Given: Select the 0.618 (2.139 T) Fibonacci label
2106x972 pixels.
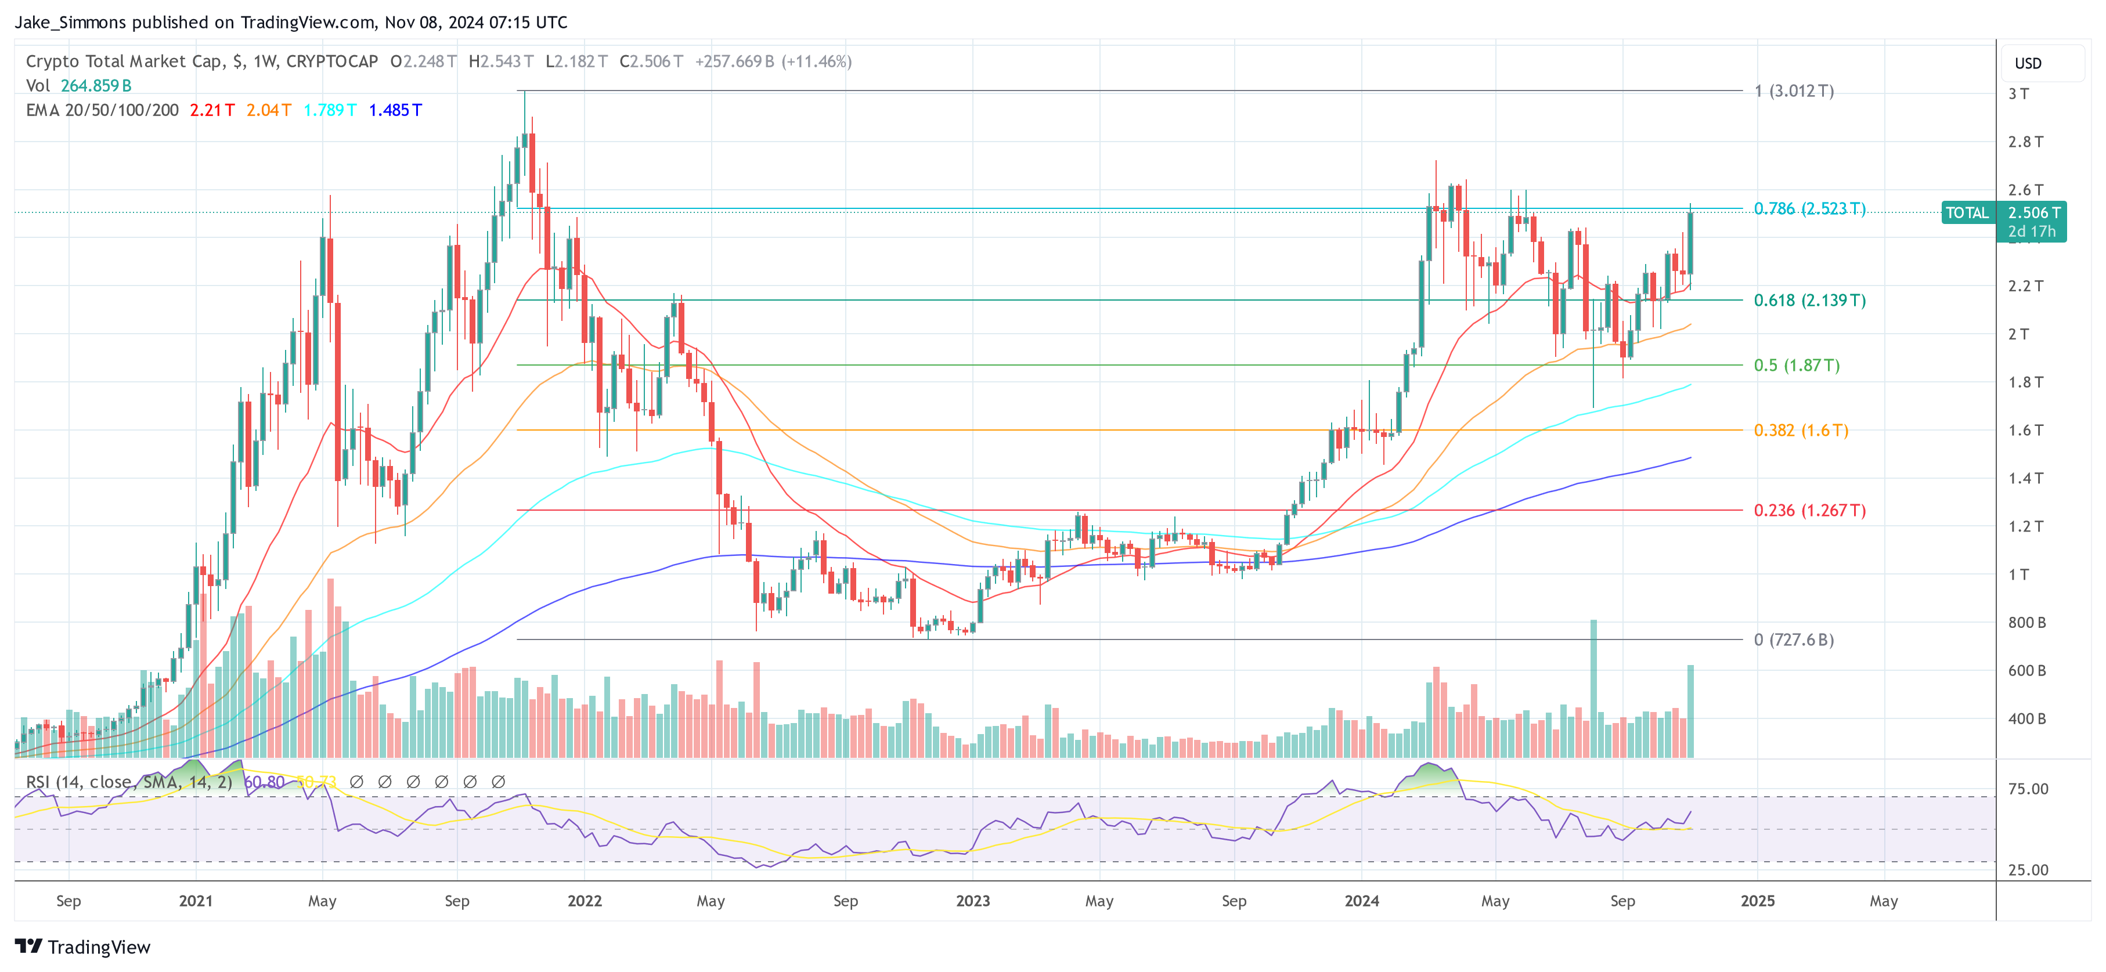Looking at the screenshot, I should pos(1809,300).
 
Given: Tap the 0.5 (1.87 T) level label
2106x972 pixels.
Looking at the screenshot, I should pos(1796,366).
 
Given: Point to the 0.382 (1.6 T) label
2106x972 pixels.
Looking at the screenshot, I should pos(1800,430).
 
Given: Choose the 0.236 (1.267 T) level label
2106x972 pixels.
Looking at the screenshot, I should pos(1809,510).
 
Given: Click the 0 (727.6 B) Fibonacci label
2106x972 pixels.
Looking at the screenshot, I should pos(1793,639).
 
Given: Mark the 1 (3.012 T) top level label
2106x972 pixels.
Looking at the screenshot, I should pos(1793,91).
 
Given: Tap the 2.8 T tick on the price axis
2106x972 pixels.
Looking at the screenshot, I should pos(2025,142).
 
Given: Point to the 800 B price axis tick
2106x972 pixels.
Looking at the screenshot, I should pos(2026,623).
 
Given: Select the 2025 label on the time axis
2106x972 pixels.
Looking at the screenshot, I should pos(1757,901).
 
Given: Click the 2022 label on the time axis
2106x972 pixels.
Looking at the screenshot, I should pos(585,901).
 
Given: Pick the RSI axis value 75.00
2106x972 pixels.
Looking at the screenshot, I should pos(2028,789).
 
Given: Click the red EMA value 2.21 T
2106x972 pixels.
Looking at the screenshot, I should pos(212,110).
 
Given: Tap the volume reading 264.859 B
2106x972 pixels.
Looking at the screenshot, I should pos(96,86).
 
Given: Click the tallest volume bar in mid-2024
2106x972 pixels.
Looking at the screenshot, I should pos(1593,686).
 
